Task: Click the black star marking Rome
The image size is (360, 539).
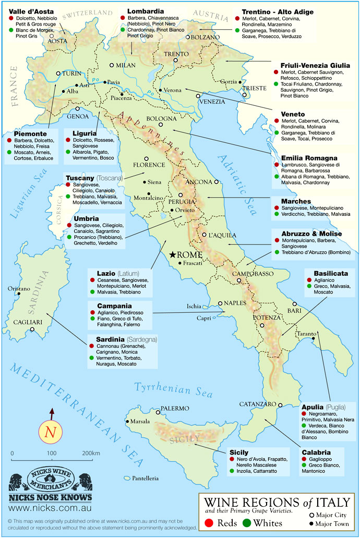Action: [173, 255]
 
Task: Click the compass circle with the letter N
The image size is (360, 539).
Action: [51, 432]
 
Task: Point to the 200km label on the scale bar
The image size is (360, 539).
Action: [91, 453]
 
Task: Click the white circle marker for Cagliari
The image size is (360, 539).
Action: [32, 329]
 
